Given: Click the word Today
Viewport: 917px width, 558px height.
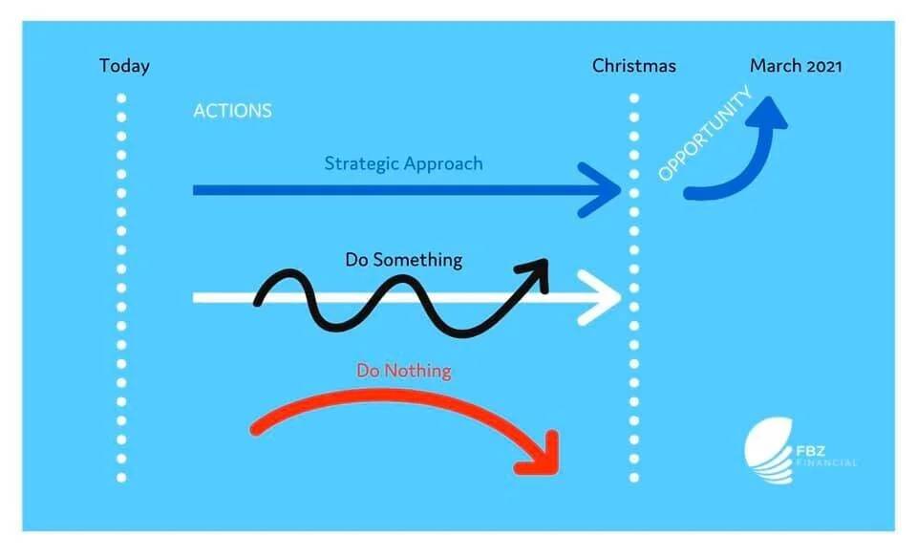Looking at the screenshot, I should [124, 67].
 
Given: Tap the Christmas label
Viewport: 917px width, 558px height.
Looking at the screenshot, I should [633, 67].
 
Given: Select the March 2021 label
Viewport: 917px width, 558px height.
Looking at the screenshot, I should [796, 66].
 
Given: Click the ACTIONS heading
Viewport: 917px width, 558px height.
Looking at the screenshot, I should [232, 111].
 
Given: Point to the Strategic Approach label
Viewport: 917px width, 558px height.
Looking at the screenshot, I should [403, 163].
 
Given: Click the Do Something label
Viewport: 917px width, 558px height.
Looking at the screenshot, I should [403, 260].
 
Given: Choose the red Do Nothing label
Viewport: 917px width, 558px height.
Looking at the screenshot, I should [403, 371].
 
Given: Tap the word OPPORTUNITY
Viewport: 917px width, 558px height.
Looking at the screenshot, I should [706, 135].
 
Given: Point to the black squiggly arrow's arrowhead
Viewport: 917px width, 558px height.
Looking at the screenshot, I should [537, 270].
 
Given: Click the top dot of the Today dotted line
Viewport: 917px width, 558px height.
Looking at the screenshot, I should [121, 98].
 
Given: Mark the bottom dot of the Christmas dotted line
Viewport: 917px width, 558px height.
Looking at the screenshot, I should [633, 477].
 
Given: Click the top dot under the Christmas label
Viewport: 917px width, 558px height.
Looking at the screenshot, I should [633, 98].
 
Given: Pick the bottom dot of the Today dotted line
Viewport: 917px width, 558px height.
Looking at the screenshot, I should [121, 477].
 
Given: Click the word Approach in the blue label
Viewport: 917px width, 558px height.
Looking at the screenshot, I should [443, 163].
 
